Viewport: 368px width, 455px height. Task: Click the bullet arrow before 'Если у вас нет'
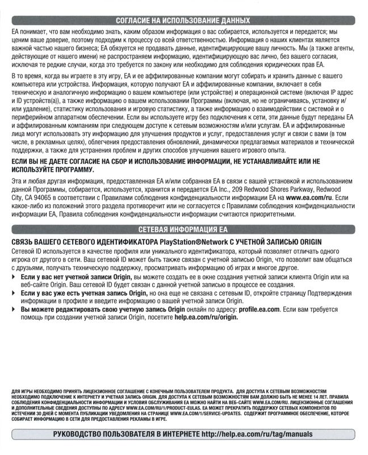(14, 276)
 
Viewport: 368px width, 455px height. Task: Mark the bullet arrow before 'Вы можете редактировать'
(14, 309)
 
